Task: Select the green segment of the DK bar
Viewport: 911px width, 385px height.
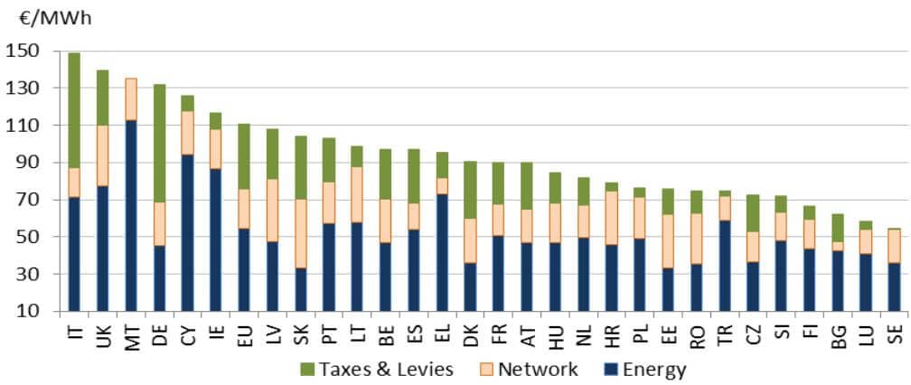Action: [471, 190]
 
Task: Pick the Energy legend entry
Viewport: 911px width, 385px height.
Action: [654, 369]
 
